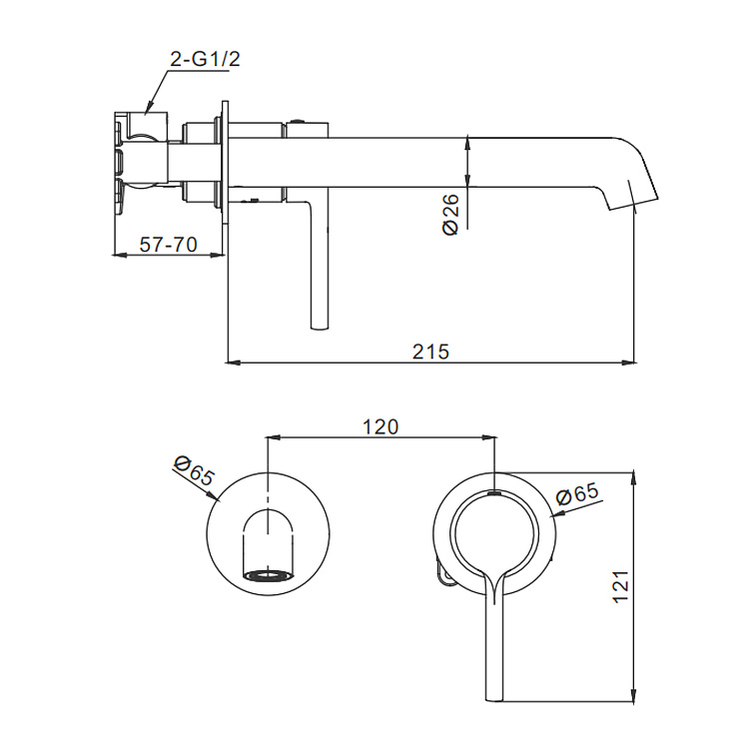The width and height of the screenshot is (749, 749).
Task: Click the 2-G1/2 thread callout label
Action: (x=205, y=59)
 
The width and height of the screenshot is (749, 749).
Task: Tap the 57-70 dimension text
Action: (x=168, y=245)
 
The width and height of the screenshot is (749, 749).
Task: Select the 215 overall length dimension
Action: (x=430, y=352)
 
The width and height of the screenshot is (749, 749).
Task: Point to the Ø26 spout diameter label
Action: (x=450, y=214)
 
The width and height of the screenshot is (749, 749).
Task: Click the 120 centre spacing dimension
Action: (x=380, y=426)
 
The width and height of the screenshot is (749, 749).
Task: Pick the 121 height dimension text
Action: (x=621, y=586)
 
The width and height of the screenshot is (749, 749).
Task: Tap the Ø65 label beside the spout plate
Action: (x=194, y=470)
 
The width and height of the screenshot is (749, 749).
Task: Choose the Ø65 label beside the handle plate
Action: (x=577, y=494)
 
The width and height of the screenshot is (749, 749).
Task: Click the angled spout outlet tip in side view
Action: (x=633, y=204)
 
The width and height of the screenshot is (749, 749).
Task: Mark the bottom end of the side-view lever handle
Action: (x=320, y=328)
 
